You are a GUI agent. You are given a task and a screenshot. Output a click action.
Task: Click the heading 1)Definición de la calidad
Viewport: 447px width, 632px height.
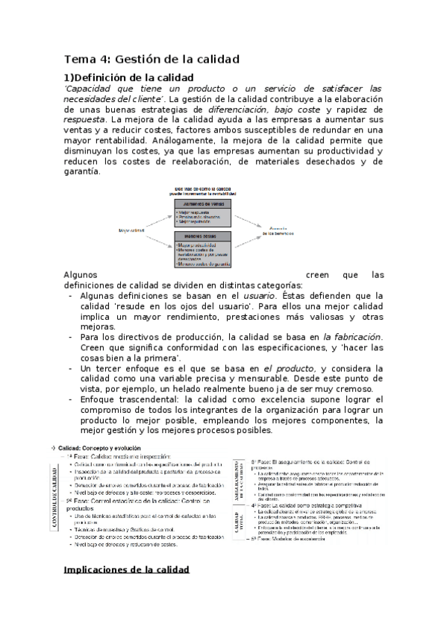[x=129, y=78]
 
